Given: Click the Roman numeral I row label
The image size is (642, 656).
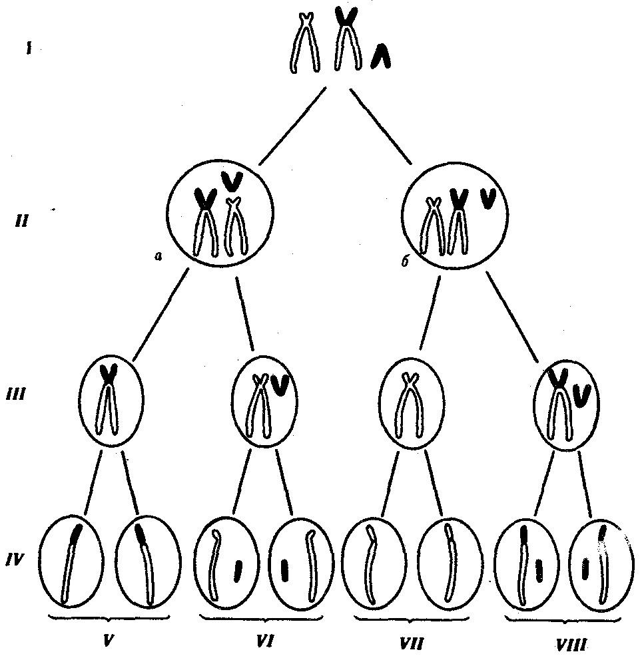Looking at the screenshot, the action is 28,49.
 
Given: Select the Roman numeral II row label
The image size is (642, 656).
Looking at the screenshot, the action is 22,220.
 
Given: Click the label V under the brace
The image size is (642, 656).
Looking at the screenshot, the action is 108,640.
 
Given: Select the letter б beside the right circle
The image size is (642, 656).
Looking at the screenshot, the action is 404,263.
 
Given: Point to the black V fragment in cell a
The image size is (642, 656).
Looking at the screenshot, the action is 232,180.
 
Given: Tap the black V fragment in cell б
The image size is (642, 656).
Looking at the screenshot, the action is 487,198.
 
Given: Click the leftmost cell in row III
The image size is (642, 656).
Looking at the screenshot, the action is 111,399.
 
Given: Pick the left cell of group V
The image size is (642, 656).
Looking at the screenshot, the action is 71,560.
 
